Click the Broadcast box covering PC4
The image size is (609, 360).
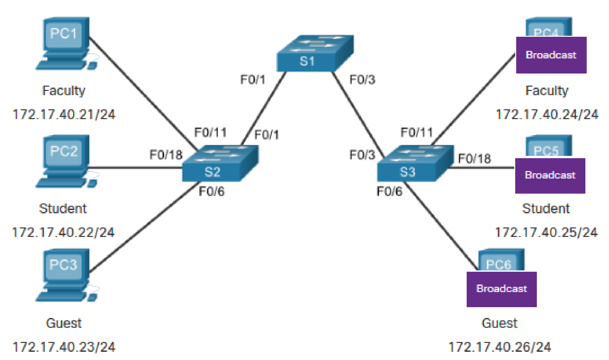point(551,55)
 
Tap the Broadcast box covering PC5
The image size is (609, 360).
point(550,175)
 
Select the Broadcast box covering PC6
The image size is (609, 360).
point(501,289)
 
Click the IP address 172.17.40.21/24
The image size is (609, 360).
point(64,115)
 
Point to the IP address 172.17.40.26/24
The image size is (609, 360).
point(499,347)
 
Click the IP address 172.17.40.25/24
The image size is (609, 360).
point(546,232)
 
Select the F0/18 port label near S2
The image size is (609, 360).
point(166,155)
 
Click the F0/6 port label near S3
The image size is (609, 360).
point(389,191)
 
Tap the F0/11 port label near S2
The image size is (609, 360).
point(211,133)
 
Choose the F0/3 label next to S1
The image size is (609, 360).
point(362,80)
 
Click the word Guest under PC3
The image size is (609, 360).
point(64,323)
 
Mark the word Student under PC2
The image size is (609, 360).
point(63,209)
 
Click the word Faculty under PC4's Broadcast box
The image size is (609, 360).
point(547,91)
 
